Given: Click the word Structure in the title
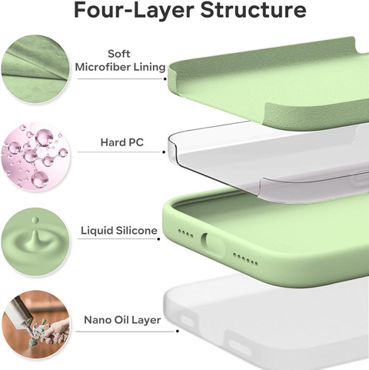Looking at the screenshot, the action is click(x=253, y=10).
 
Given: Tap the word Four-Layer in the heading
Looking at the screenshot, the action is click(x=134, y=10).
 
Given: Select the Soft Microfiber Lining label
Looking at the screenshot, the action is click(x=120, y=61).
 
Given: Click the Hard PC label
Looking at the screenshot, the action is click(x=122, y=142).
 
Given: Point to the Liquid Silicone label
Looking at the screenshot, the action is click(x=119, y=231).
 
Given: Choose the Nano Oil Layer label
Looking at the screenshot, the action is click(x=122, y=320).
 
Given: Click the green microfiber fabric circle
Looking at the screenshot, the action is click(x=35, y=69).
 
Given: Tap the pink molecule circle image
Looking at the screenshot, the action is click(x=35, y=155).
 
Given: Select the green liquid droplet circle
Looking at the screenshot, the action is click(x=35, y=242).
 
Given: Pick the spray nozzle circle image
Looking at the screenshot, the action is click(x=35, y=325).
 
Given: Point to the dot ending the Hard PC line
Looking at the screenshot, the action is click(x=164, y=152).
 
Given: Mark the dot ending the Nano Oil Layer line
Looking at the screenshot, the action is click(x=178, y=332).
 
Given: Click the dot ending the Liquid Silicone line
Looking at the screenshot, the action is click(x=158, y=239).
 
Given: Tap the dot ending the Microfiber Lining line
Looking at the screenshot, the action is click(x=165, y=78).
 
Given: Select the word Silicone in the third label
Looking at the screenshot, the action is click(x=137, y=231).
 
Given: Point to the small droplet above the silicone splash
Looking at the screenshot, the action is click(x=35, y=220).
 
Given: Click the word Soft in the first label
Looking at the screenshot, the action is click(x=119, y=54).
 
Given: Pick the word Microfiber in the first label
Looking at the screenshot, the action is click(x=102, y=67).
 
